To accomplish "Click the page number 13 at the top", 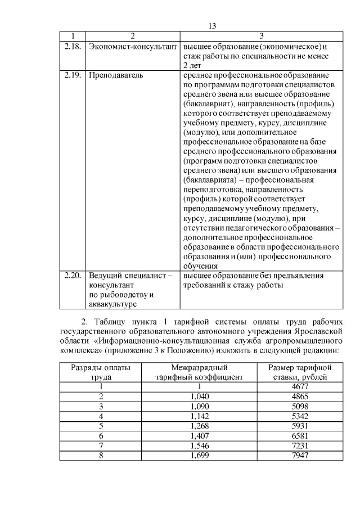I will pos(212,26).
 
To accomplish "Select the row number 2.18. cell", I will pos(73,46).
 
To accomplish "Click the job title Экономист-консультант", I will pos(131,46).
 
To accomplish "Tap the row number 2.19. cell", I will pos(73,74).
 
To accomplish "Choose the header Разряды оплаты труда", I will pos(101,372).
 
